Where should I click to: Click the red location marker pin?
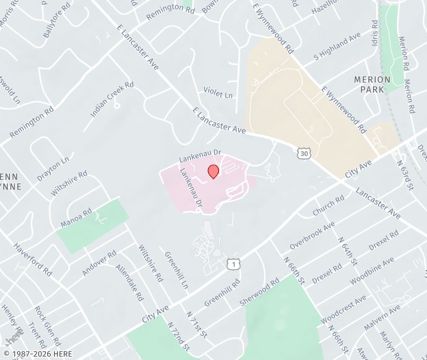pyautogui.click(x=213, y=171)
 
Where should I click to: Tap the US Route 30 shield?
pyautogui.click(x=304, y=154)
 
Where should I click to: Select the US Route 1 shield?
pyautogui.click(x=233, y=265)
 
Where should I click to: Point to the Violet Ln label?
pyautogui.click(x=219, y=94)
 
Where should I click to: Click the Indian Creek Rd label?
pyautogui.click(x=112, y=99)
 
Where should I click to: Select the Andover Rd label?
pyautogui.click(x=99, y=263)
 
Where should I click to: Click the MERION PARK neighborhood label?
pyautogui.click(x=372, y=84)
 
